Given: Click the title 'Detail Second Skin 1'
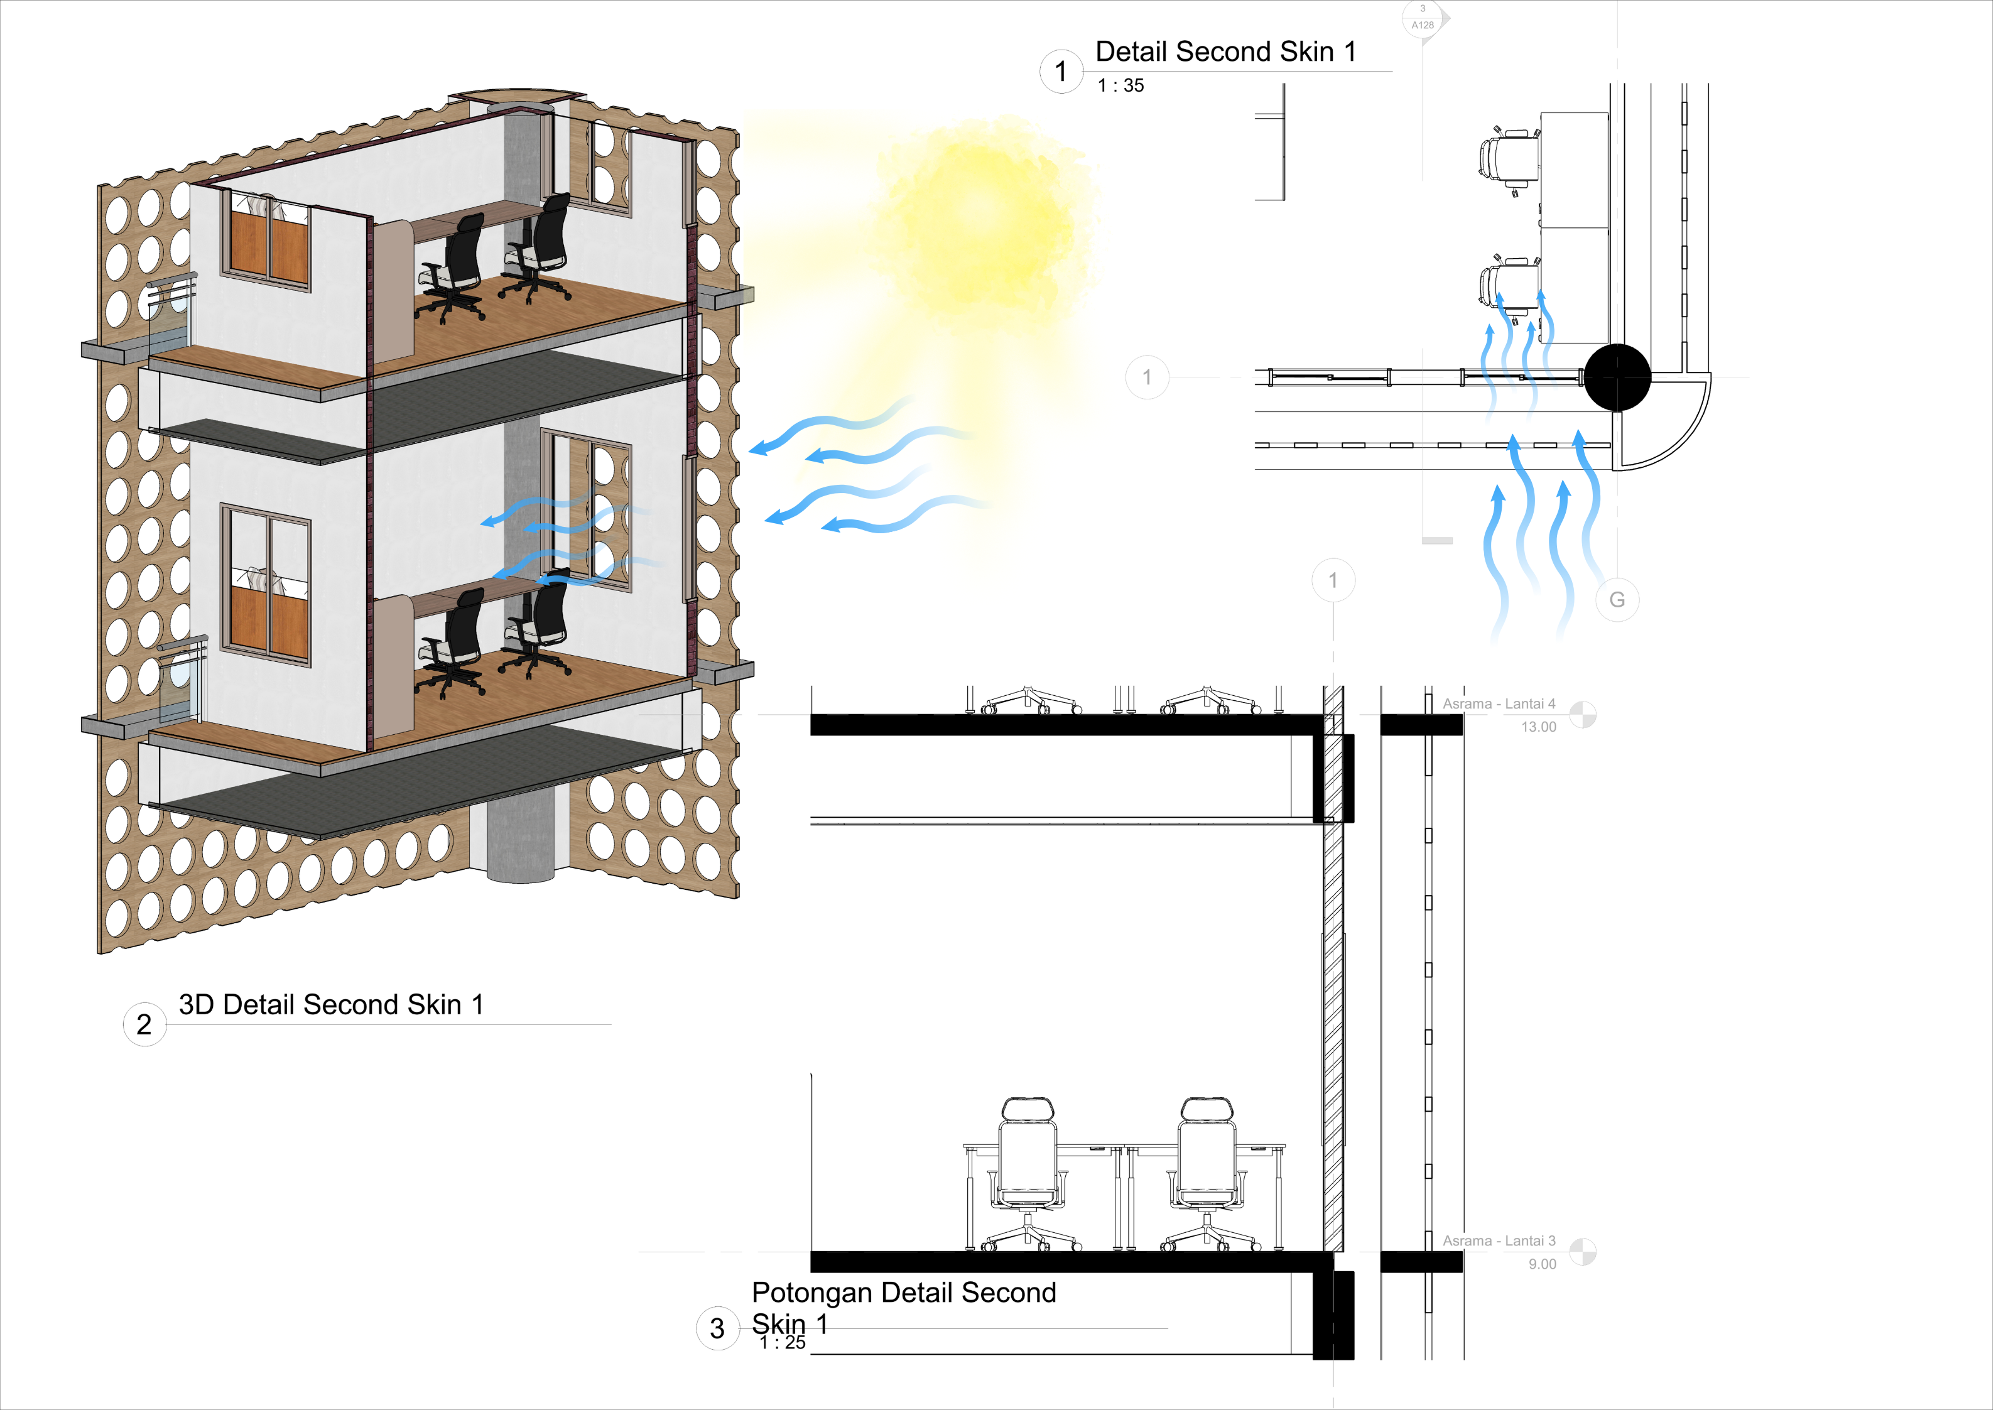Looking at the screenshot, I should tap(1225, 52).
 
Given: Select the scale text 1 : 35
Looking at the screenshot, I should tap(1120, 86).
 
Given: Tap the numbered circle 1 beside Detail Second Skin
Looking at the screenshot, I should tap(1061, 71).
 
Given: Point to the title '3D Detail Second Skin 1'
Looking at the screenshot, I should tap(331, 1005).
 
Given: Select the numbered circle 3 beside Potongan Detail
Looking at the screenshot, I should tap(717, 1328).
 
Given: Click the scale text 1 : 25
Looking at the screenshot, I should tap(783, 1343).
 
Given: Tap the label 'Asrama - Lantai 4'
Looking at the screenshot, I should tap(1499, 704).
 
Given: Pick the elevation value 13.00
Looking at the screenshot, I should tap(1538, 727).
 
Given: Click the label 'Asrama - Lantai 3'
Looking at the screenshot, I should tap(1499, 1241).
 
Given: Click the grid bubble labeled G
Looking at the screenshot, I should tap(1617, 600).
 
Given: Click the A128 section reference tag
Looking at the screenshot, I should tap(1423, 19).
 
